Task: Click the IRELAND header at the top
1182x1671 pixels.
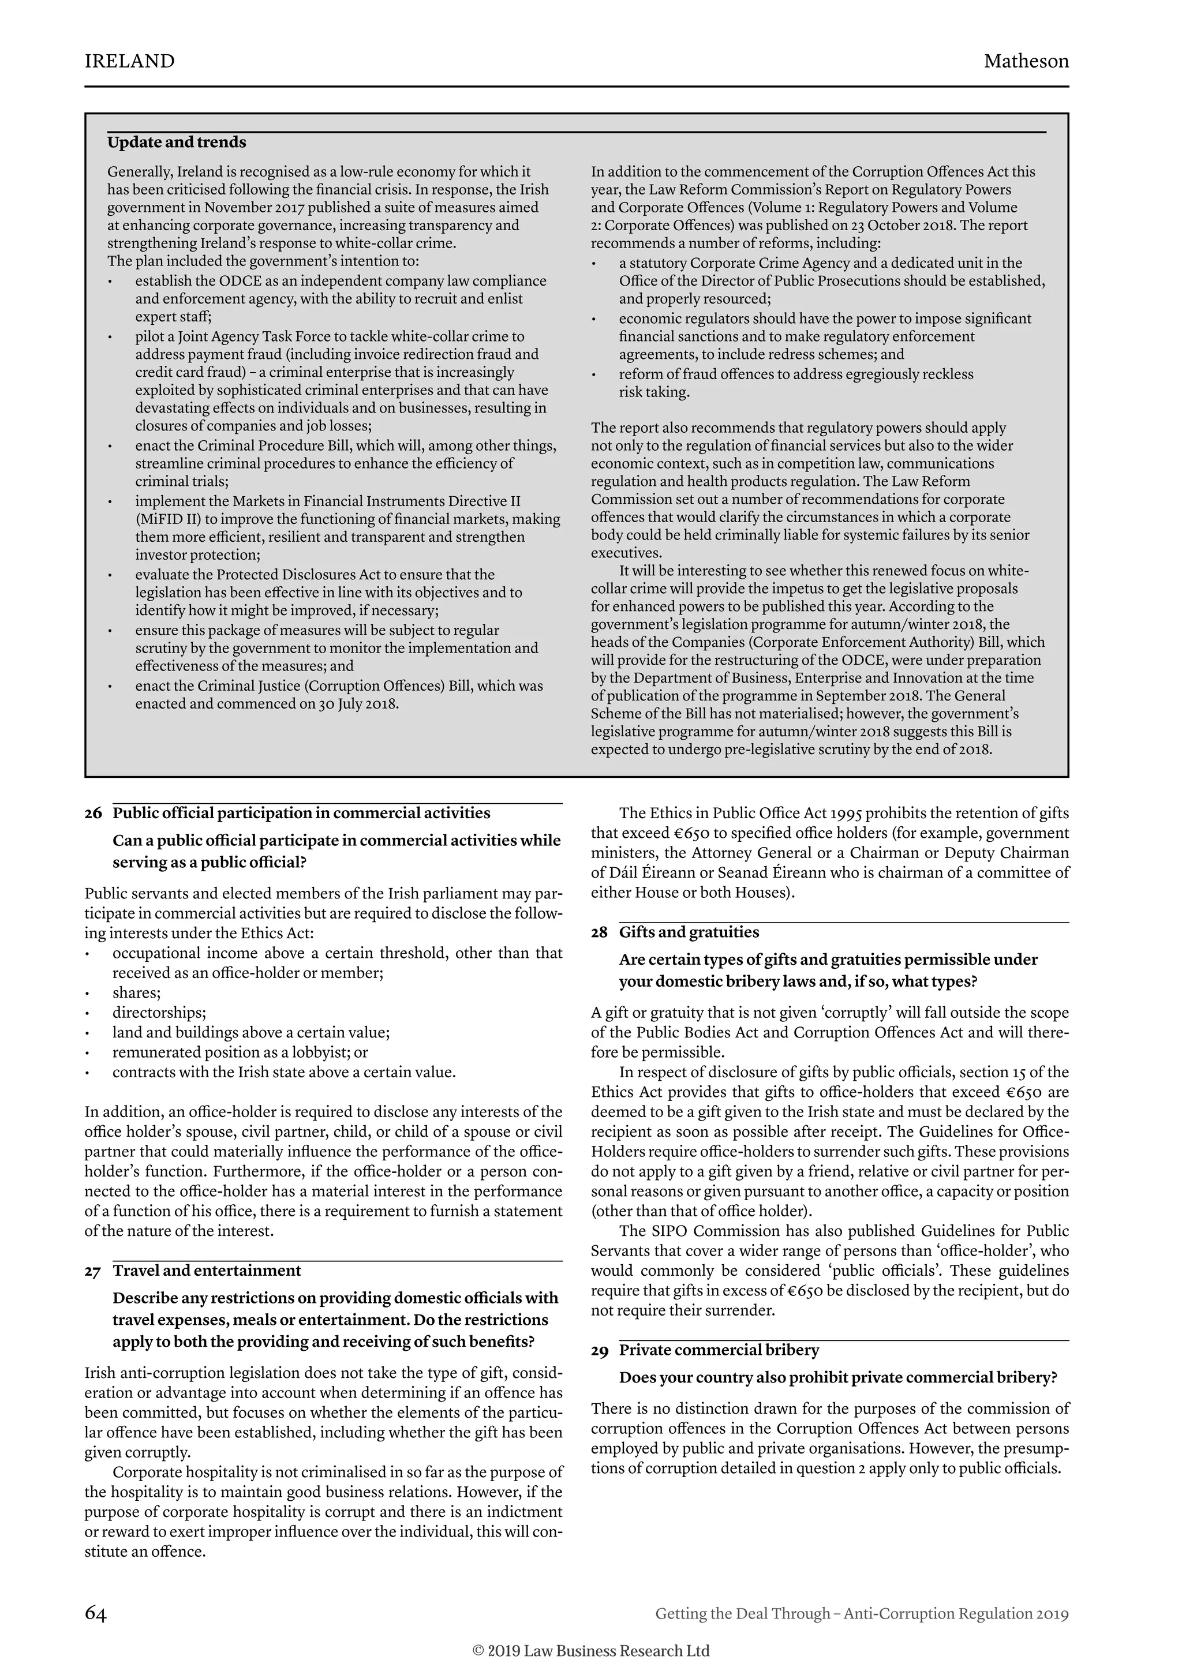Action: click(129, 61)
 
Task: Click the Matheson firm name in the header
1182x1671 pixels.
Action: click(1026, 61)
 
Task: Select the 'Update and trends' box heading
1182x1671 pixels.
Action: click(177, 143)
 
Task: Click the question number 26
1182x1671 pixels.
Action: click(93, 814)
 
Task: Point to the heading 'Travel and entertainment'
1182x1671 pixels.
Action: click(207, 1271)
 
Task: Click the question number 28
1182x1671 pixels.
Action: click(599, 933)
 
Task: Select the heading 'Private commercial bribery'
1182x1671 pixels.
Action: click(719, 1350)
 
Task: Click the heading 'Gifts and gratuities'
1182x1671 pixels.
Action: click(689, 932)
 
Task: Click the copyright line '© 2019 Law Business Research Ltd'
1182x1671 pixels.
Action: click(591, 1651)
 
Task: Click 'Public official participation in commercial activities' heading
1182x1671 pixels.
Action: click(301, 814)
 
